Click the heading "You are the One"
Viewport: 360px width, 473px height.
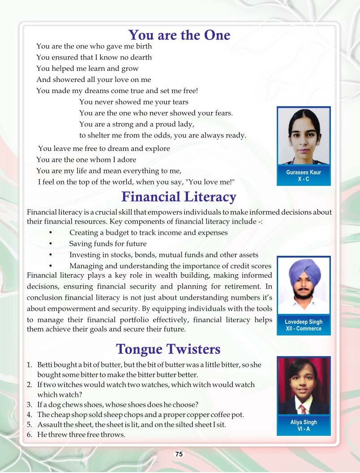[x=179, y=35]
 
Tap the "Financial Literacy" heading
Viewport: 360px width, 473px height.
[x=179, y=197]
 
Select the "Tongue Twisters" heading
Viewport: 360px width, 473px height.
[x=168, y=349]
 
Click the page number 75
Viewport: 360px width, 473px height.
[x=179, y=454]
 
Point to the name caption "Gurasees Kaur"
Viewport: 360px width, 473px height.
[x=304, y=172]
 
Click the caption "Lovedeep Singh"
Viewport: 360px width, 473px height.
[x=304, y=322]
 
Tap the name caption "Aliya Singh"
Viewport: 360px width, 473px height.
[x=304, y=422]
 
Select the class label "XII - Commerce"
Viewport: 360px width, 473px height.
[x=304, y=328]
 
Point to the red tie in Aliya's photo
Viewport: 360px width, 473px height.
[x=304, y=408]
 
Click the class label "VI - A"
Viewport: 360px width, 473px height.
[x=304, y=429]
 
